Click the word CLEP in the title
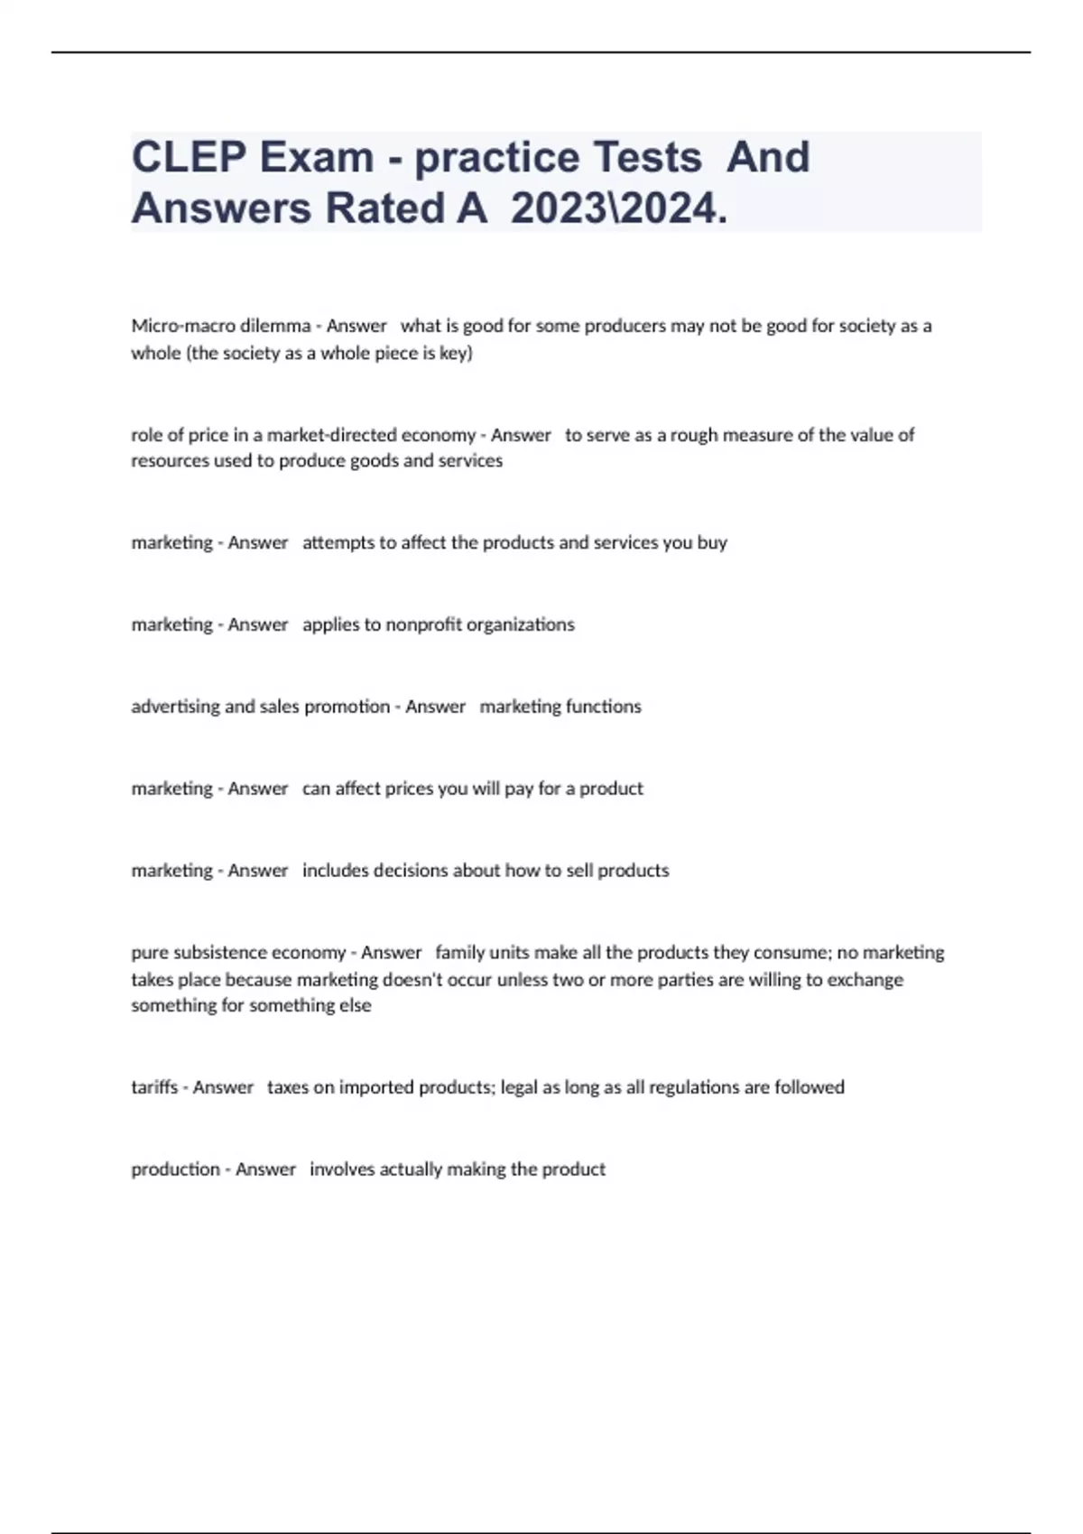click(188, 157)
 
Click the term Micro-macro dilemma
click(220, 326)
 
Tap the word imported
click(377, 1087)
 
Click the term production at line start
click(175, 1169)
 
